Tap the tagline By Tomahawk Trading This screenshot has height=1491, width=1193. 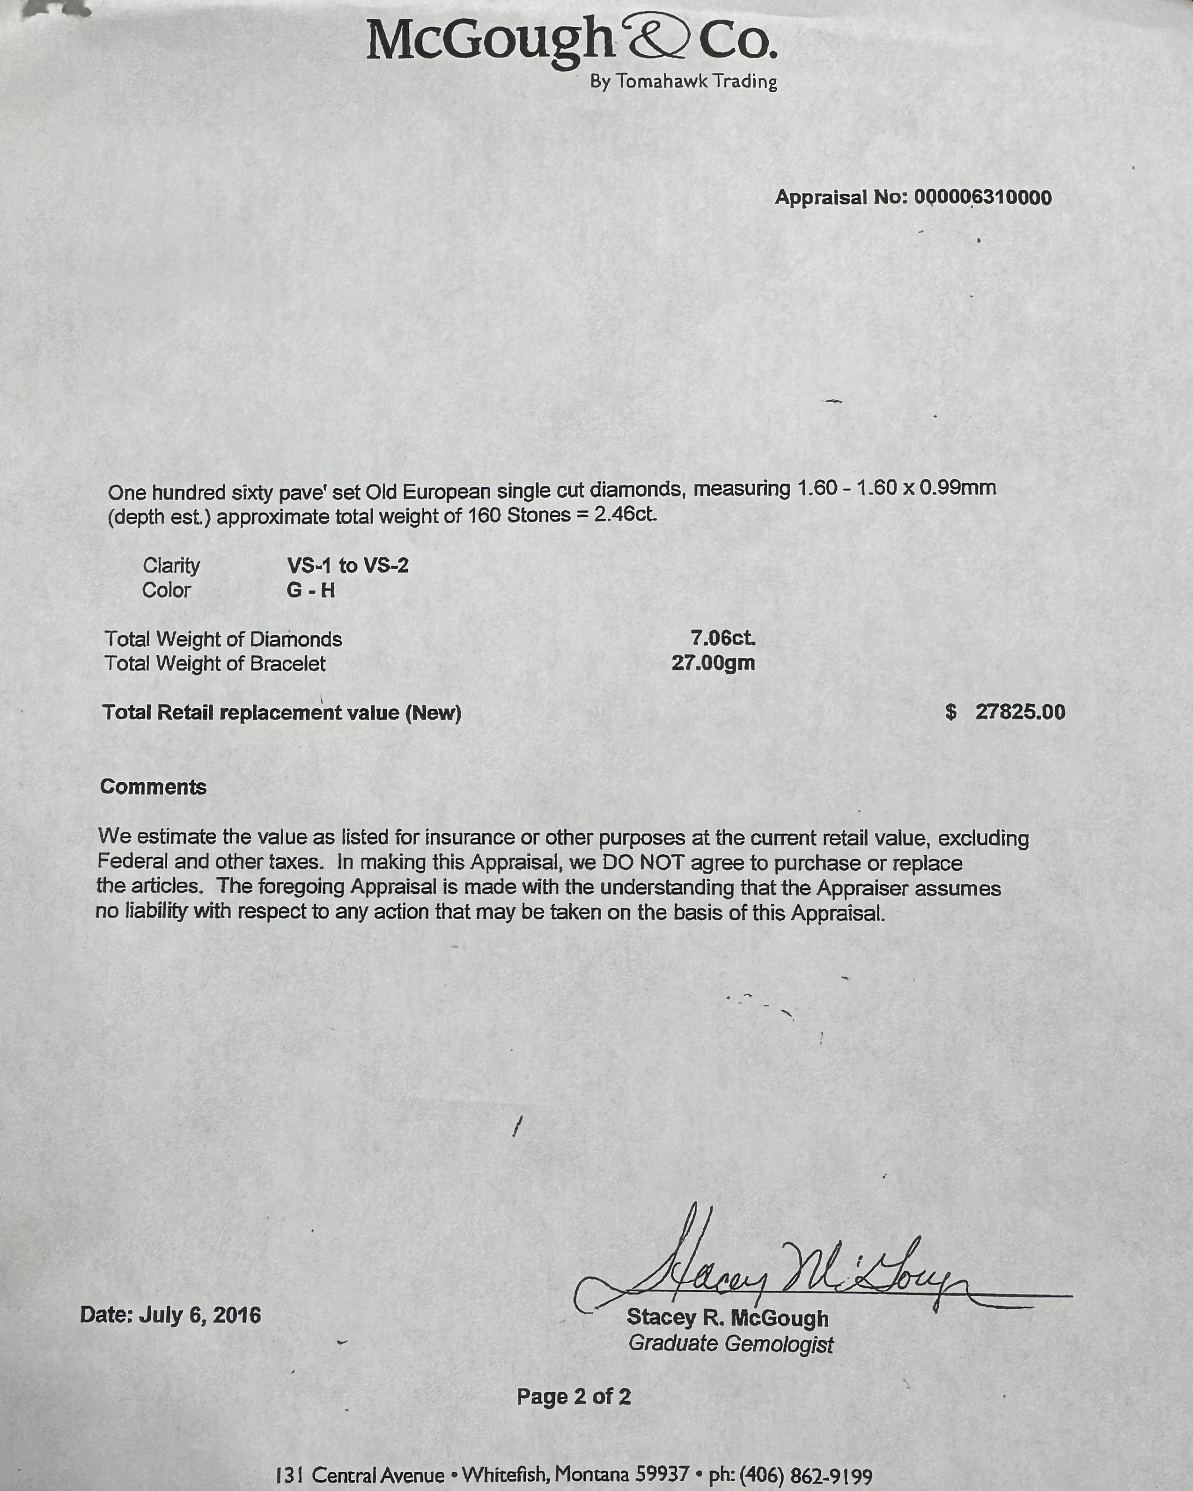click(683, 81)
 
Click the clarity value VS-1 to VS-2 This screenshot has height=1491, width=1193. click(348, 566)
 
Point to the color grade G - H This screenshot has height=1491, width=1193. click(310, 591)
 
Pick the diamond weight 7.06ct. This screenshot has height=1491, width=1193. click(723, 638)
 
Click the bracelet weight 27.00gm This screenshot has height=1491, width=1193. click(713, 663)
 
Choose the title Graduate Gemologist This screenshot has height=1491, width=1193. click(730, 1344)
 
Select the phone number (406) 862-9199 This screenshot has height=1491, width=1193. click(806, 1476)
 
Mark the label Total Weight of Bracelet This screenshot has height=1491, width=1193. click(215, 664)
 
